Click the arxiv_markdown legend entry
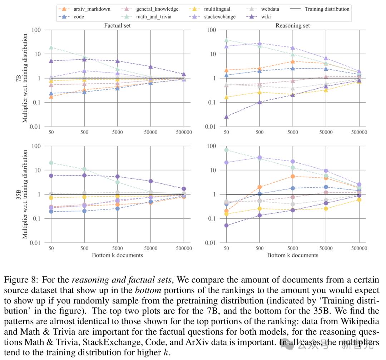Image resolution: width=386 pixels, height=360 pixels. (85, 9)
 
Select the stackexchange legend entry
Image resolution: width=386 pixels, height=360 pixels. (212, 17)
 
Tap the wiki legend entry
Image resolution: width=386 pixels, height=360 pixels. (258, 17)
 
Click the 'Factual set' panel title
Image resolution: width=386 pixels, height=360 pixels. (118, 26)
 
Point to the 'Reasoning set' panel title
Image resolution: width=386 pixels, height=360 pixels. (293, 26)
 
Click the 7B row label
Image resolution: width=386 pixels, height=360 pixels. (19, 78)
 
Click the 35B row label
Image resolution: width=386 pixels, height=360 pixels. (19, 194)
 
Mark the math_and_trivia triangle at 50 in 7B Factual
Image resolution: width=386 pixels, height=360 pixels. (51, 48)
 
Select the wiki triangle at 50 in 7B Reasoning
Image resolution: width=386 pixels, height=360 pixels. (227, 117)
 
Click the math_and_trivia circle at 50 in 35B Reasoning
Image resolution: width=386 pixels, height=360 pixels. (227, 150)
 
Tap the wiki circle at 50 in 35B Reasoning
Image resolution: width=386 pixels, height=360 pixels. (227, 225)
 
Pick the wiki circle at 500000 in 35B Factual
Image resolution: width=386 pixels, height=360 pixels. (184, 189)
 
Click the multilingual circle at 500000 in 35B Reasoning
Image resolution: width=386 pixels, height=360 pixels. (359, 200)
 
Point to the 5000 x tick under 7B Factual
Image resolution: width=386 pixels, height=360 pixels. (118, 132)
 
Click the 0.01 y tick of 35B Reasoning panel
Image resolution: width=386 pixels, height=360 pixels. (211, 243)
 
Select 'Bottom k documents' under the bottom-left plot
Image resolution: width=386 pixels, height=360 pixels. (118, 255)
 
